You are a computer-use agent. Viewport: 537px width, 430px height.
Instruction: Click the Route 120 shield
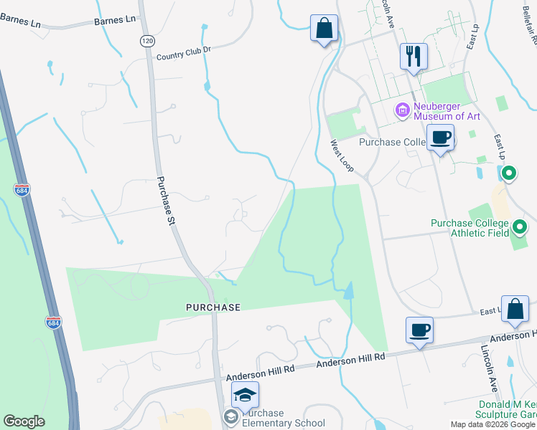147,42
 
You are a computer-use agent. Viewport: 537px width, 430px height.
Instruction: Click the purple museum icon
402,110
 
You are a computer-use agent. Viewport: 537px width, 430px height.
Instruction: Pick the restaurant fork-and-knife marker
414,56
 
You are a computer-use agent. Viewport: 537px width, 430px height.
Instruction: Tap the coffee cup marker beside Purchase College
440,136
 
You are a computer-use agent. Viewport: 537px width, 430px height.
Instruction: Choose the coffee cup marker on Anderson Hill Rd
419,330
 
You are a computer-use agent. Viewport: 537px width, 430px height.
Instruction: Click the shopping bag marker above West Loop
324,29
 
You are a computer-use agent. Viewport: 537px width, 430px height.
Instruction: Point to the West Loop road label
342,156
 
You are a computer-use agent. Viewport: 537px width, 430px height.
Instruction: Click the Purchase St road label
167,201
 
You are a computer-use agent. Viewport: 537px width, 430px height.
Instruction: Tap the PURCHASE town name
213,307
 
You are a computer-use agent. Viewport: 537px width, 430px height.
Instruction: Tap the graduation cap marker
245,395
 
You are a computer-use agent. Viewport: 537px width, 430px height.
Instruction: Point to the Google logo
24,421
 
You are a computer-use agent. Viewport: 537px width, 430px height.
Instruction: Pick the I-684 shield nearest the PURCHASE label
52,323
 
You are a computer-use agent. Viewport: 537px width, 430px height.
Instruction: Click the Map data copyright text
492,424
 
